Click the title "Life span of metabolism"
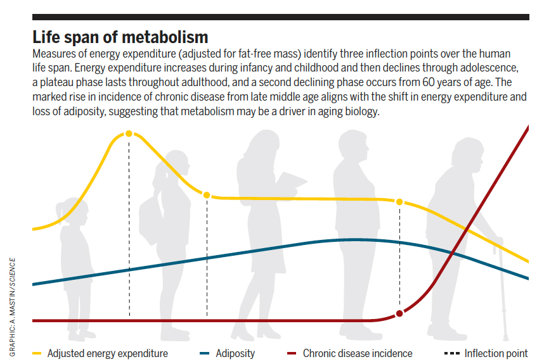coord(120,35)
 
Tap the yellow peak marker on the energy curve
coord(129,134)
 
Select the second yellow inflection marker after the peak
coord(207,195)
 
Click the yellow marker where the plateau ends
coord(399,201)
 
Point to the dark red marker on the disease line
coord(399,313)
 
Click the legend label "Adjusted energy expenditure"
coord(107,353)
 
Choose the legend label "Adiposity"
coord(236,353)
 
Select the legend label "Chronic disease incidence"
coord(357,353)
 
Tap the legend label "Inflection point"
coord(496,353)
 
